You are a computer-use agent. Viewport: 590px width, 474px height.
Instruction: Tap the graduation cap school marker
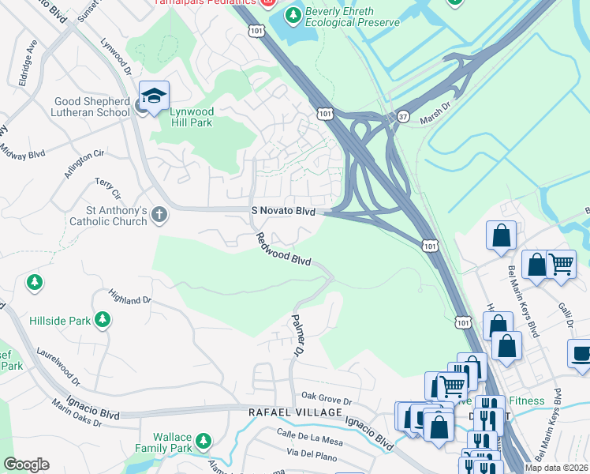coord(155,96)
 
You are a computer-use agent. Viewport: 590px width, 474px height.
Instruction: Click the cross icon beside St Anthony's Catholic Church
coord(159,214)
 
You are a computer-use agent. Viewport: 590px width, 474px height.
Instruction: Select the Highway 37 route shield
coord(404,115)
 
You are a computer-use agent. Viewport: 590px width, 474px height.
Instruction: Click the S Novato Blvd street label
coord(283,212)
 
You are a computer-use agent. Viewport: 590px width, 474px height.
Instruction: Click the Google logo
coord(26,464)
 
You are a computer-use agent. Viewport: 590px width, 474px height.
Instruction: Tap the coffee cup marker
coord(581,353)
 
